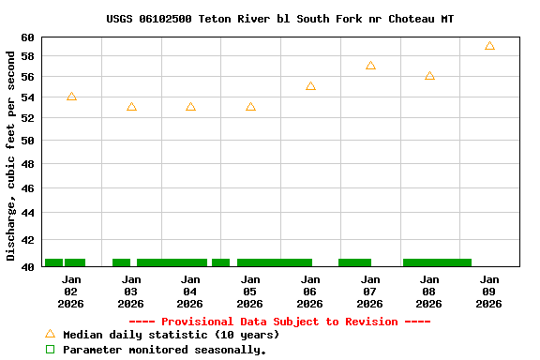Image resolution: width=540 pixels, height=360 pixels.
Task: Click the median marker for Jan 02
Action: (71, 97)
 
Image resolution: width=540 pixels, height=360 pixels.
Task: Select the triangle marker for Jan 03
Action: (131, 107)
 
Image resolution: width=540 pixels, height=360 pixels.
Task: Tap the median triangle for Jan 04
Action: (190, 107)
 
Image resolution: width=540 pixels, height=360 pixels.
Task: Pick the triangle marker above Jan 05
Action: (250, 107)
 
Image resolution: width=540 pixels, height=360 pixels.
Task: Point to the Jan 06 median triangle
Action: (310, 86)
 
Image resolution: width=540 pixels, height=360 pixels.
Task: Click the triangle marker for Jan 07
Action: (370, 66)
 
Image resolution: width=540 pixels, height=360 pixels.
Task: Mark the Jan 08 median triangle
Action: (429, 76)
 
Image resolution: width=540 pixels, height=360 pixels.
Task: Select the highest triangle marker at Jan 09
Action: (489, 46)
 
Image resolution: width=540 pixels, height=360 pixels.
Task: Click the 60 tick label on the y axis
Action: (26, 37)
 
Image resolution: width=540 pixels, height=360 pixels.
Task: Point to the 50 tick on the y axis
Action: (26, 141)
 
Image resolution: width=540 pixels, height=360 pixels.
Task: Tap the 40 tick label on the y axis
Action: (26, 266)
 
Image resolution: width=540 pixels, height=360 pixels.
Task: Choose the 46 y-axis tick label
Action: (26, 188)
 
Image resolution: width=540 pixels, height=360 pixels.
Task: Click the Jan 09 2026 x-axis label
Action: (489, 292)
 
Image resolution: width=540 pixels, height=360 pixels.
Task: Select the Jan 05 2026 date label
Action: (250, 292)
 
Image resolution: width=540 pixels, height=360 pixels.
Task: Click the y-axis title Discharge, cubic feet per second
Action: (11, 155)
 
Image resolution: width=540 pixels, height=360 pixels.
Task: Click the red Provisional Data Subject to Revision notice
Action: (279, 322)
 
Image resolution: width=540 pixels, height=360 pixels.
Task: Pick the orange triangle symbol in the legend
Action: (51, 334)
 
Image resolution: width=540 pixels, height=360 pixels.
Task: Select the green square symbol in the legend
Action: (51, 350)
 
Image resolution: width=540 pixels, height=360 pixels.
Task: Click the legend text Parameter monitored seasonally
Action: (164, 350)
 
